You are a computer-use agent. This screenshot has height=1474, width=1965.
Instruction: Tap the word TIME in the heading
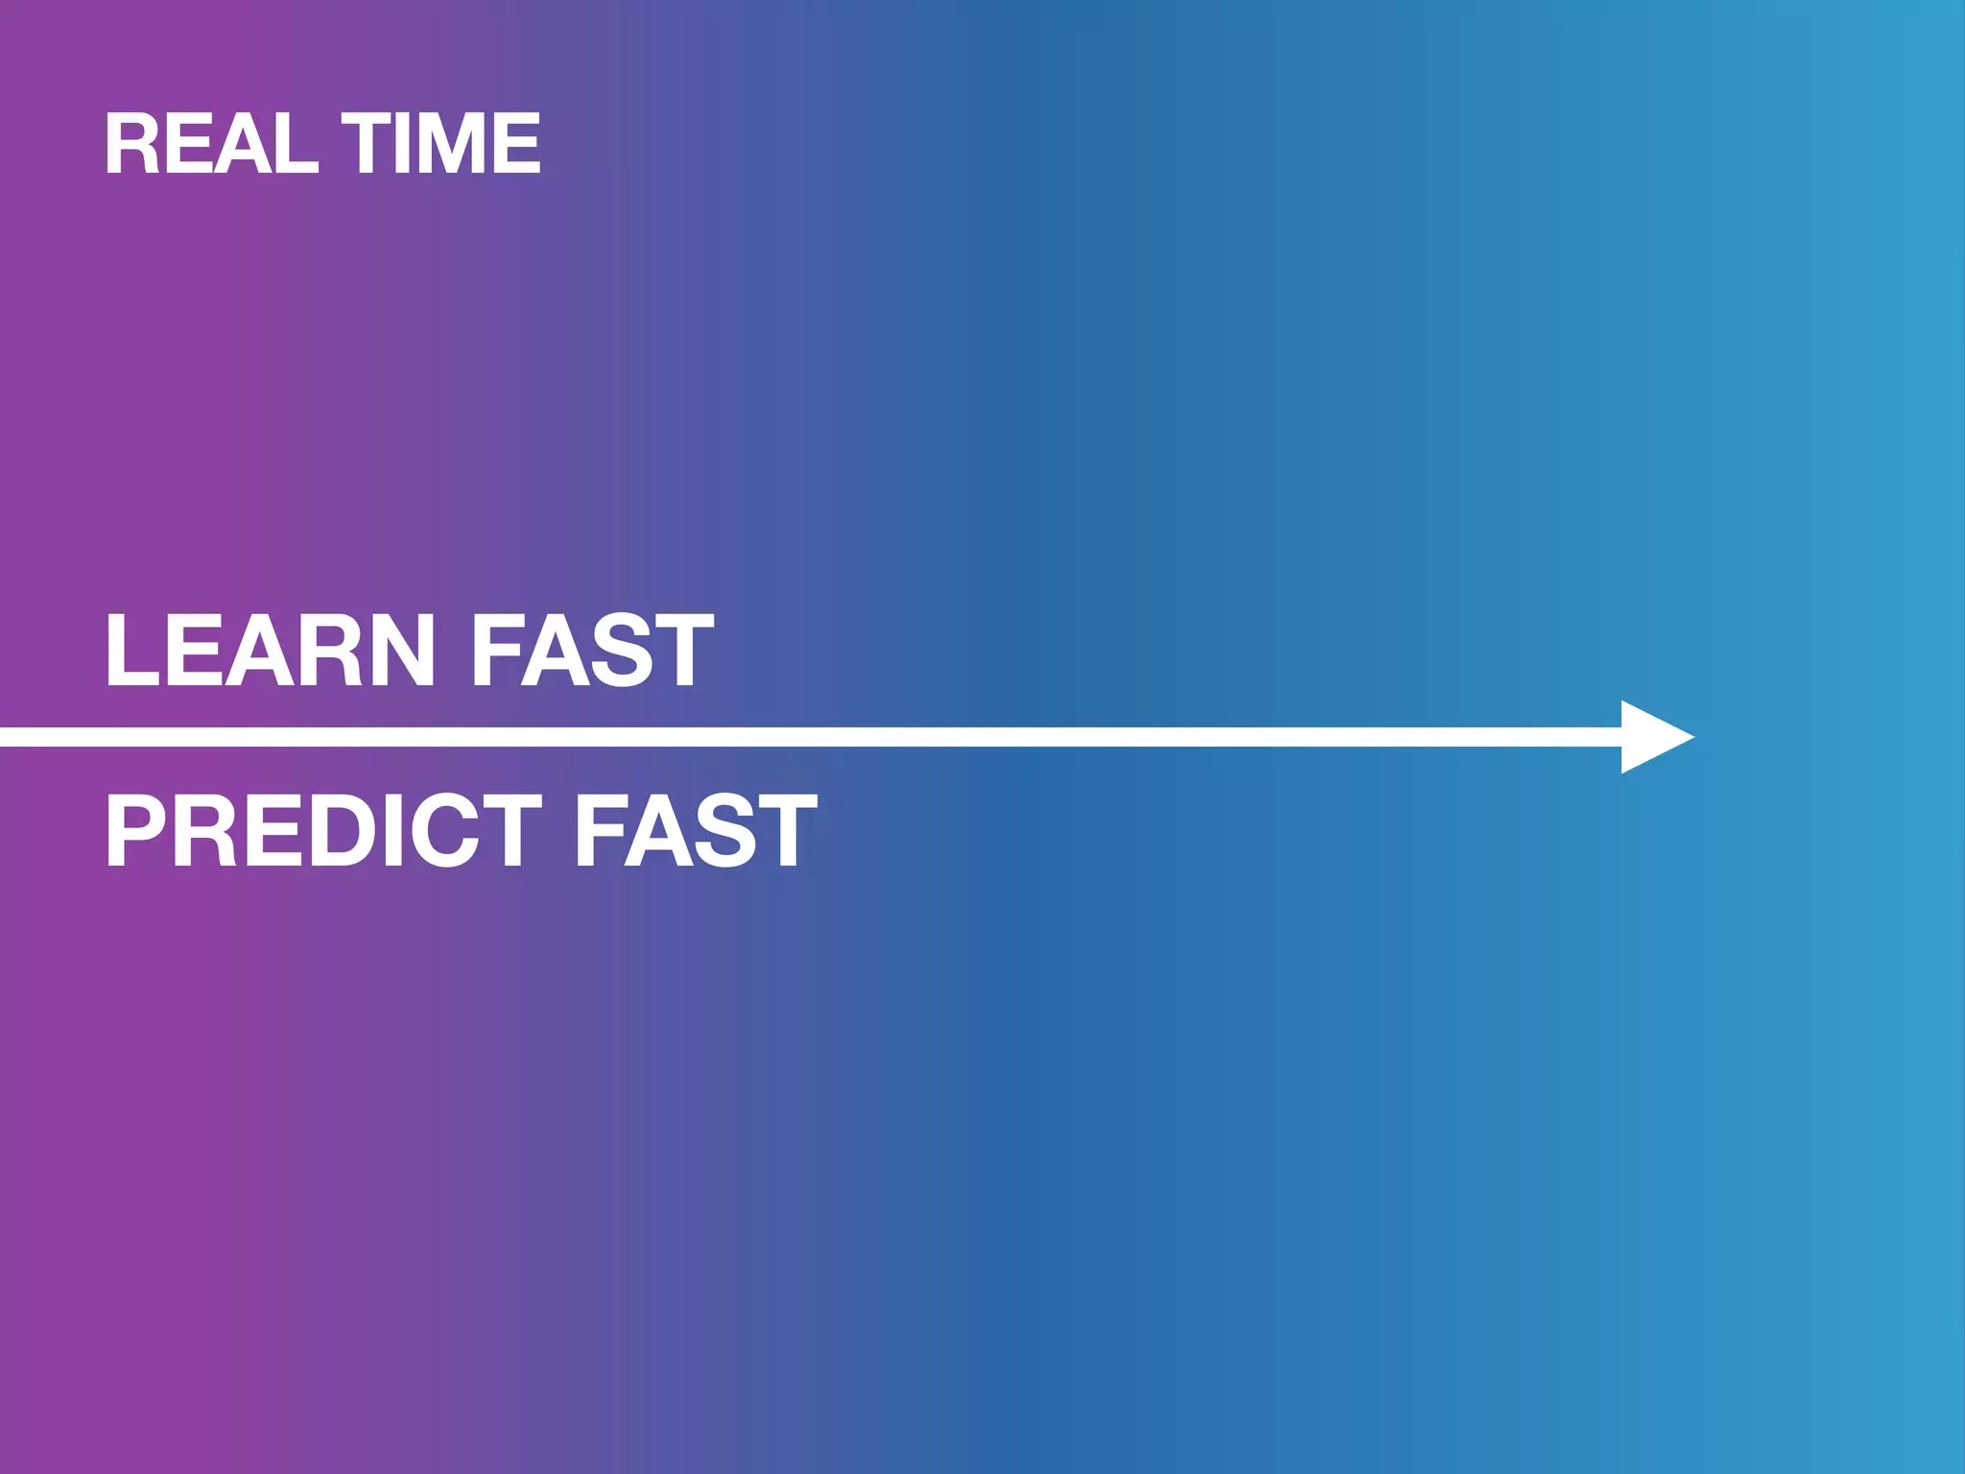(x=441, y=144)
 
